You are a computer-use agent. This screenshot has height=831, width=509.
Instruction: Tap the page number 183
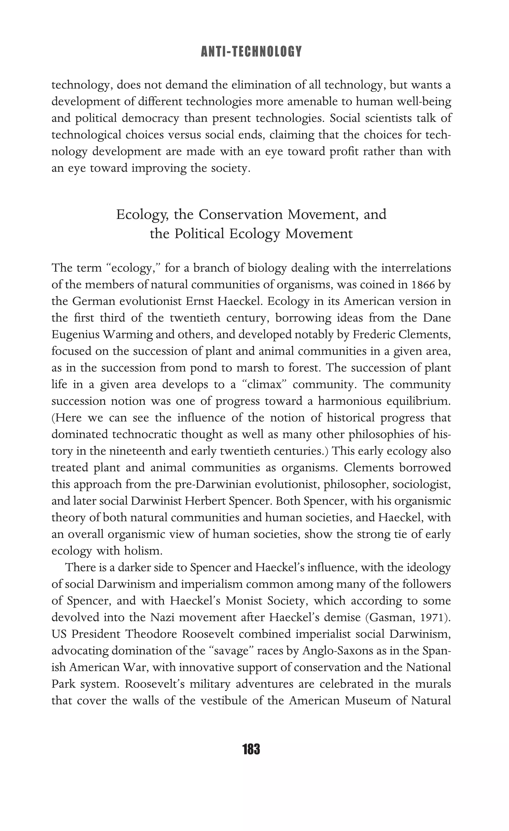click(x=251, y=749)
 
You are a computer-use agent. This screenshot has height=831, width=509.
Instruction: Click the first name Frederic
click(x=374, y=335)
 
